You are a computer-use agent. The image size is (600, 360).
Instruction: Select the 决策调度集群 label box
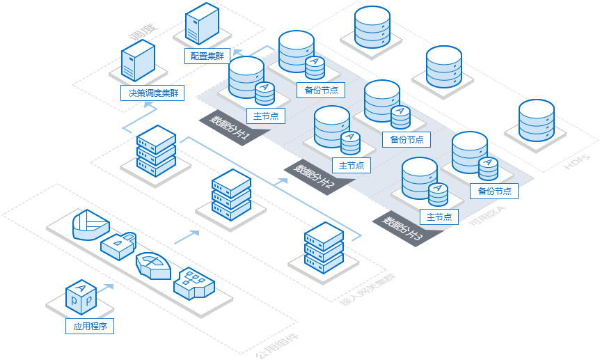coord(149,93)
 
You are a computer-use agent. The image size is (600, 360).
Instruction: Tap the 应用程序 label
coord(90,326)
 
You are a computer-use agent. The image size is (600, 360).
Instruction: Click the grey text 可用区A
coord(487,214)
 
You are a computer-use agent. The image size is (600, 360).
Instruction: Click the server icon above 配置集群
coord(203,25)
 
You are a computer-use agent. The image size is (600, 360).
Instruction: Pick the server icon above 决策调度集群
coord(138,61)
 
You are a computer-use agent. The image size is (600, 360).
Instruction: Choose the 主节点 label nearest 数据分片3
coord(439,217)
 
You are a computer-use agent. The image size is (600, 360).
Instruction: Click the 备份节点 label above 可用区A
coord(494,190)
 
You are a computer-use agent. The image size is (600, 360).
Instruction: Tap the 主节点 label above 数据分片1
coord(265,116)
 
